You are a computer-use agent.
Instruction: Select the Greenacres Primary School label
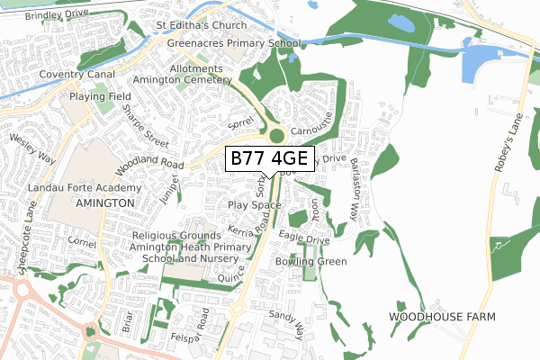click(229, 41)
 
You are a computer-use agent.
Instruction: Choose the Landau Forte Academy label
click(96, 188)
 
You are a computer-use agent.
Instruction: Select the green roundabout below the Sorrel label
click(275, 136)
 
